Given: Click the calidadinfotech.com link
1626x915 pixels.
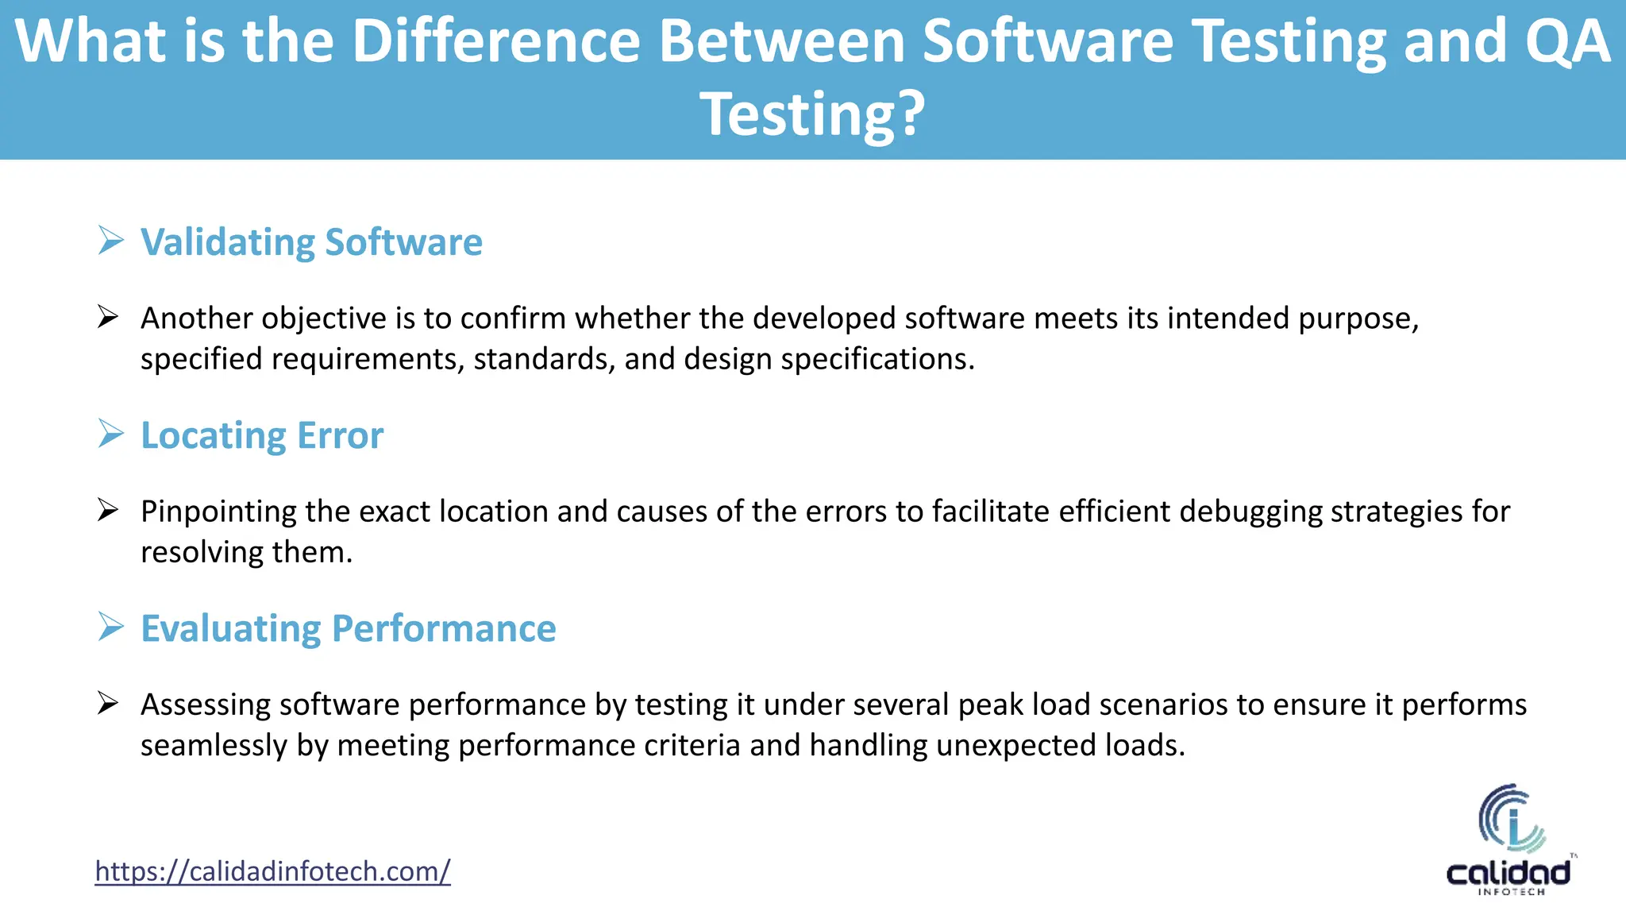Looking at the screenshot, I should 272,871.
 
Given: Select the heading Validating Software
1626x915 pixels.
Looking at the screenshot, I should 311,242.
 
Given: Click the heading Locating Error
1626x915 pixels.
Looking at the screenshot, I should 262,435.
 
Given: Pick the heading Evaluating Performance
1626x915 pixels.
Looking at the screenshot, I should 348,628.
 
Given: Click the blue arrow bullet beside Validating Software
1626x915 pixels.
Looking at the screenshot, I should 111,240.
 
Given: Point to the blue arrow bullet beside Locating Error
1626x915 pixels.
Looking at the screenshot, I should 111,433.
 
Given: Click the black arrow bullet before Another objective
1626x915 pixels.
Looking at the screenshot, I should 108,318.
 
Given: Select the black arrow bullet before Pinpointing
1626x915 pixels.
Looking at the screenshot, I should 108,511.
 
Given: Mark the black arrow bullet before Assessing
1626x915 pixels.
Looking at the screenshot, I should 108,704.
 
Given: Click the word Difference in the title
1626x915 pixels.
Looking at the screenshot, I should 495,41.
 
